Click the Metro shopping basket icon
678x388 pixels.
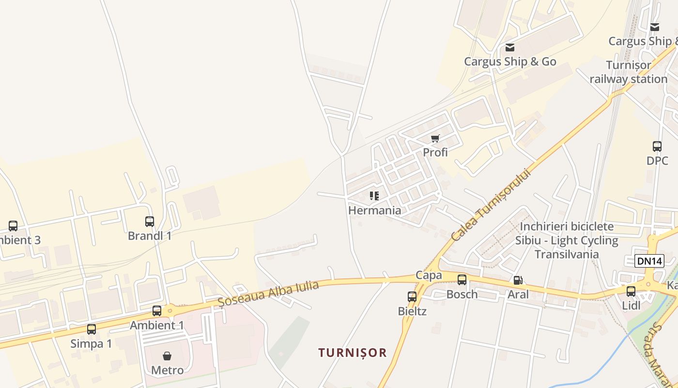click(x=167, y=356)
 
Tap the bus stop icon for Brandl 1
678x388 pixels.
click(x=150, y=222)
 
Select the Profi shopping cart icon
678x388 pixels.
click(x=435, y=138)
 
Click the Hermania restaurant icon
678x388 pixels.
click(x=374, y=196)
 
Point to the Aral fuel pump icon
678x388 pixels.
click(x=518, y=280)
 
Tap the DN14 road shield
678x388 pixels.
click(x=649, y=261)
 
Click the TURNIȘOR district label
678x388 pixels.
click(x=353, y=353)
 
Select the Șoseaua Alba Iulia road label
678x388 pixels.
click(x=268, y=293)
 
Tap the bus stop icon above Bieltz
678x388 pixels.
click(x=412, y=296)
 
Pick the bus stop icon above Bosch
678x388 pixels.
click(x=462, y=280)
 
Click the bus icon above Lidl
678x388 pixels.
click(x=631, y=291)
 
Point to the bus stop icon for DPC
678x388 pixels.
click(x=657, y=146)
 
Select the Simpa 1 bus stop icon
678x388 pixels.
click(x=92, y=329)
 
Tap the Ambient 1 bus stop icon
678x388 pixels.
click(x=157, y=311)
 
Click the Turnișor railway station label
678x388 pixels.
click(x=629, y=72)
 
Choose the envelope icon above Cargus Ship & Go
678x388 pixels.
click(x=510, y=48)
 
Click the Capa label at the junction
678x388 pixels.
click(x=429, y=275)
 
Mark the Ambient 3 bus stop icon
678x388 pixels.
click(x=13, y=226)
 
